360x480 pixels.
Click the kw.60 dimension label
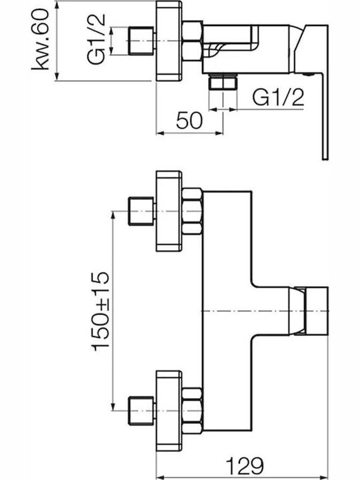point(40,39)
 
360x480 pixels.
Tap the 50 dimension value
point(189,120)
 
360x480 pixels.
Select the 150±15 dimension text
point(100,311)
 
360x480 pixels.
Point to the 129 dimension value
point(245,465)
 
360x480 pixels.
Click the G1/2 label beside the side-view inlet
point(96,39)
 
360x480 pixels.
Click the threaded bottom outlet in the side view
point(223,82)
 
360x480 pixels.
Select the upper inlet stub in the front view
point(141,211)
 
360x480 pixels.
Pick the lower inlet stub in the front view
point(141,411)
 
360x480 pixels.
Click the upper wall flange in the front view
point(169,211)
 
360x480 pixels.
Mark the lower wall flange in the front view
point(169,411)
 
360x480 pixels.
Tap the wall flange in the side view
point(169,41)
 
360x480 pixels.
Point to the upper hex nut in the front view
point(192,212)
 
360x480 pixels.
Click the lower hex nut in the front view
point(192,411)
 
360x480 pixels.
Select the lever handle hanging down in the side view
point(325,116)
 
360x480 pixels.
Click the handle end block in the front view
point(317,311)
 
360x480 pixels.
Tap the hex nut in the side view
point(192,41)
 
